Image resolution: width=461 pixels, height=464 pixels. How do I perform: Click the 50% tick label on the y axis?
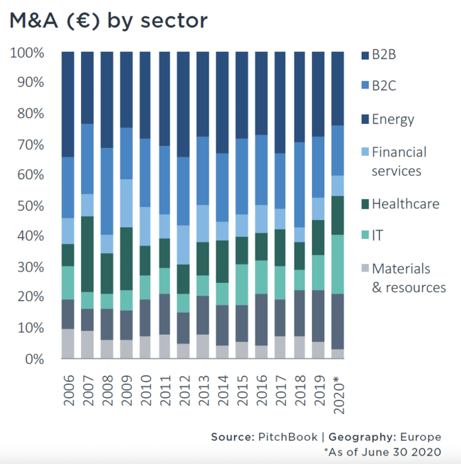click(x=31, y=206)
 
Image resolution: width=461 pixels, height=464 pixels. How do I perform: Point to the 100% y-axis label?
click(x=27, y=53)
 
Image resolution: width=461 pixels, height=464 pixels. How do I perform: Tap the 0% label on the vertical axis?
click(x=35, y=359)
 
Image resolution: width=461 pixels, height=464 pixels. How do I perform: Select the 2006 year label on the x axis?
click(x=69, y=390)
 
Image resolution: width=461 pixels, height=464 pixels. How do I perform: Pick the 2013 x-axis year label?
click(x=204, y=390)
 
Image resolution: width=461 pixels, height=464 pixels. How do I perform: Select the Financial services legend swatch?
click(x=365, y=152)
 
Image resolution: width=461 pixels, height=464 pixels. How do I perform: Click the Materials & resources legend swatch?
click(x=365, y=268)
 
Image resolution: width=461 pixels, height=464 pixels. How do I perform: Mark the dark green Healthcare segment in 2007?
click(x=87, y=254)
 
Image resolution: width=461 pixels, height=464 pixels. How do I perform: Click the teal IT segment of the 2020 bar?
click(x=338, y=264)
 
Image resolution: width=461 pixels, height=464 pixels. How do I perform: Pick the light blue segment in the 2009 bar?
click(x=126, y=203)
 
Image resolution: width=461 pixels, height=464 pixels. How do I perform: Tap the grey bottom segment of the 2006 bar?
click(x=68, y=343)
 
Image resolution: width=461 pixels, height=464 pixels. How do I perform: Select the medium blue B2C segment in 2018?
click(x=300, y=185)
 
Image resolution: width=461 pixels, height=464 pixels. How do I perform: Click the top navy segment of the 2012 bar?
click(x=183, y=104)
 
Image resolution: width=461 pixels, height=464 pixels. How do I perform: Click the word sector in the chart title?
click(x=174, y=21)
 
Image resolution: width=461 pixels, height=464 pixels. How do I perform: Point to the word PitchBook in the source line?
click(x=288, y=437)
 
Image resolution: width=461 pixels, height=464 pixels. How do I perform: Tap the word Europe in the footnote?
click(x=420, y=437)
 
